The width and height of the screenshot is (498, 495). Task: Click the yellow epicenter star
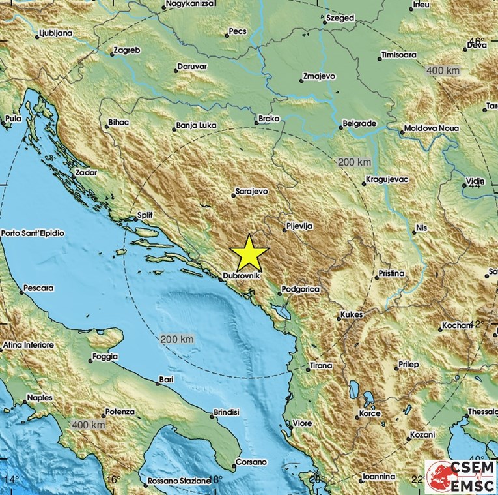tap(249, 254)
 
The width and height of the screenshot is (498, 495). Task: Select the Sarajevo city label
tap(251, 192)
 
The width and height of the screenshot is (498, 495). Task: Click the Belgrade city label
tap(359, 123)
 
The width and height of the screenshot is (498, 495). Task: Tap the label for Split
tap(145, 215)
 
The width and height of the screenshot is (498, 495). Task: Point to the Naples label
tap(40, 397)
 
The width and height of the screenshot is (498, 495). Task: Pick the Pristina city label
tap(390, 273)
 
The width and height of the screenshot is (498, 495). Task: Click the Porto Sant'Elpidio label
tap(33, 233)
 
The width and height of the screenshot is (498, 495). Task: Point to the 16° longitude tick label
tap(113, 480)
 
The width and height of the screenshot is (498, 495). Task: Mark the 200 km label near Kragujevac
tap(354, 162)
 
